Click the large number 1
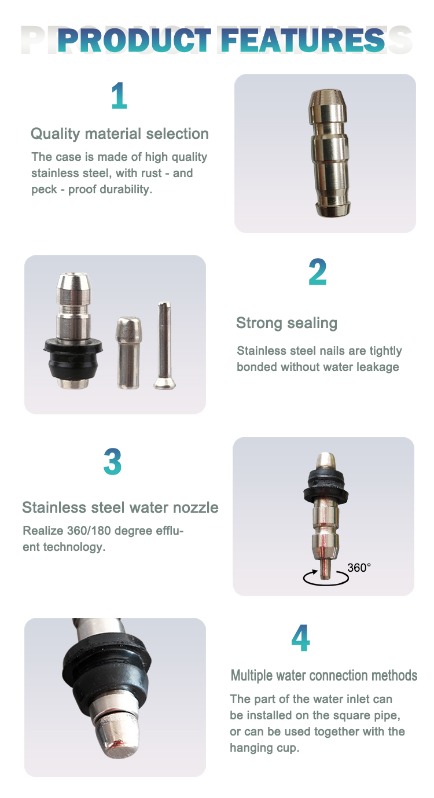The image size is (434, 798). click(119, 95)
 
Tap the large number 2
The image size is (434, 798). click(318, 272)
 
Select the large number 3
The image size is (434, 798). click(113, 461)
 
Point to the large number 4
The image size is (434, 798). click(300, 638)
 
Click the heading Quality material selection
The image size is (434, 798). click(120, 134)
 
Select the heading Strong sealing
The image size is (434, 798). click(287, 323)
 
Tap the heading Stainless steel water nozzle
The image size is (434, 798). click(120, 508)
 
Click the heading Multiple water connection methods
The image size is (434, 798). click(324, 675)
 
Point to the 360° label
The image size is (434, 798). click(359, 568)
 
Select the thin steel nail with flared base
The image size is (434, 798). click(164, 345)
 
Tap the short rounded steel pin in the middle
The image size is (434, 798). click(128, 352)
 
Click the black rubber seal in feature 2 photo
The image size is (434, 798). click(73, 360)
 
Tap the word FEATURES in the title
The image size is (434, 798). click(303, 40)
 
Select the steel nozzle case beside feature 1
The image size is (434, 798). click(329, 153)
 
